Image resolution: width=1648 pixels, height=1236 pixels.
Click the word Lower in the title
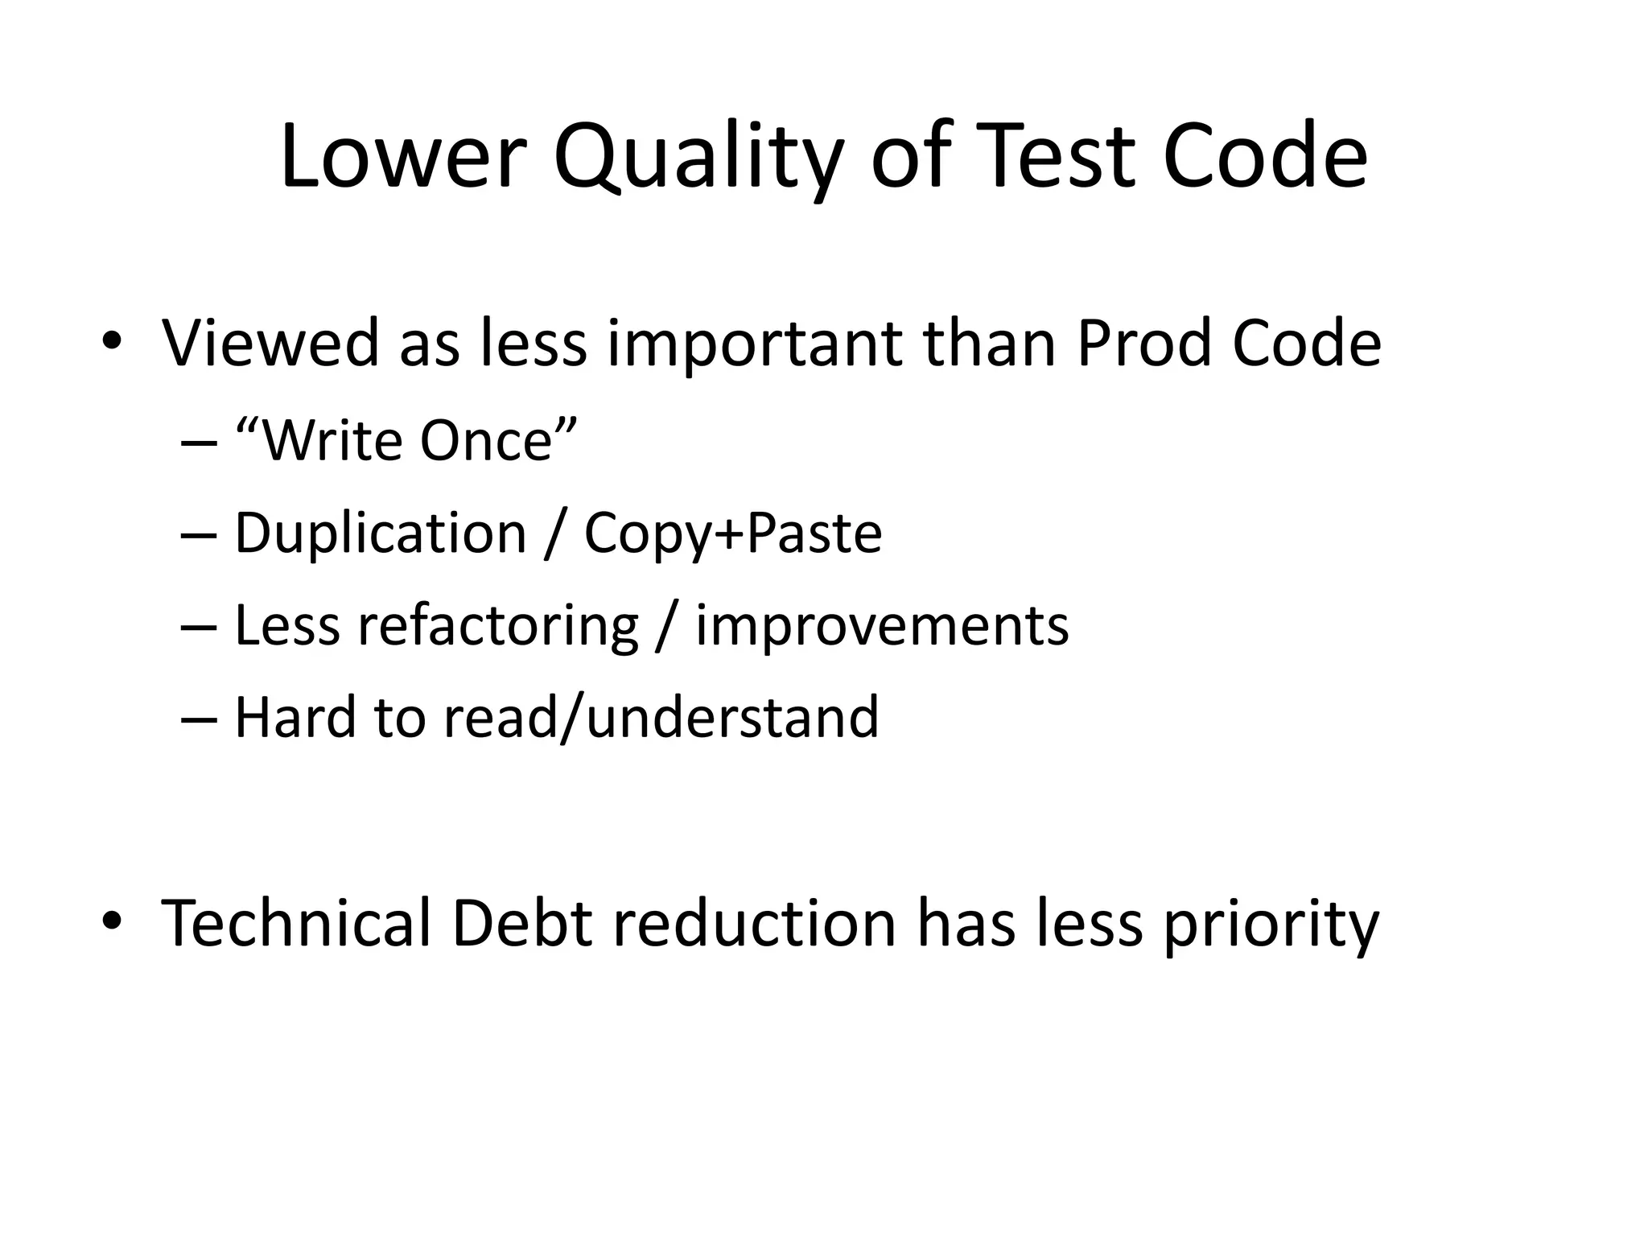(402, 156)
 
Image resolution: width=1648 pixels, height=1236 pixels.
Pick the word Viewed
(270, 344)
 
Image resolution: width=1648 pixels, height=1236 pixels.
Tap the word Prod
(1143, 344)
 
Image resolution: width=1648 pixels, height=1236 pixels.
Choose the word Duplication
(380, 533)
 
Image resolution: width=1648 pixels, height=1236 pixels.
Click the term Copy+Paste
(732, 533)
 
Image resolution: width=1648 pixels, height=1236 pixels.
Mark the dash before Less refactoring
(200, 626)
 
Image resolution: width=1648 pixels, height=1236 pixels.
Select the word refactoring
(497, 626)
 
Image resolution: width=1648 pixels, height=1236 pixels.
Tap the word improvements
(882, 626)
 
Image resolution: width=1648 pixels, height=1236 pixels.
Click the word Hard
(295, 717)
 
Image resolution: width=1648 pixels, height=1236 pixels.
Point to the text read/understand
(661, 717)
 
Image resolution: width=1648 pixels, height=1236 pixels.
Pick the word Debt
(521, 923)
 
